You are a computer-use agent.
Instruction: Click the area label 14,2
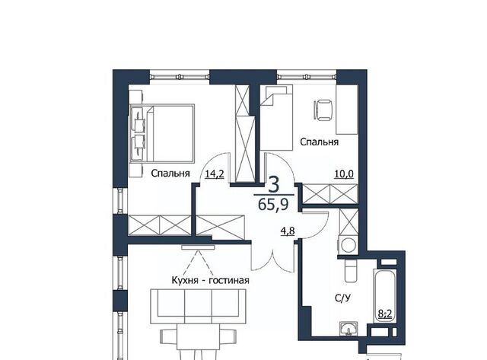pyautogui.click(x=215, y=174)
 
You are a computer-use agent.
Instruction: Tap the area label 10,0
pyautogui.click(x=344, y=174)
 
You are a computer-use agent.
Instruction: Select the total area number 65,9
pyautogui.click(x=273, y=205)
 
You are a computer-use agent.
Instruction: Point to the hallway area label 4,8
pyautogui.click(x=288, y=231)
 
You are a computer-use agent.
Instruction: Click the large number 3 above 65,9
pyautogui.click(x=274, y=184)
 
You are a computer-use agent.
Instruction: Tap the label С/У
pyautogui.click(x=342, y=298)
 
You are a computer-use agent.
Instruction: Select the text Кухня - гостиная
pyautogui.click(x=210, y=281)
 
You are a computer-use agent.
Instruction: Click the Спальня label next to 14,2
pyautogui.click(x=170, y=174)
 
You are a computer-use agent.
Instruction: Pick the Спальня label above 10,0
pyautogui.click(x=319, y=142)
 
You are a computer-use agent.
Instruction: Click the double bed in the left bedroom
pyautogui.click(x=162, y=133)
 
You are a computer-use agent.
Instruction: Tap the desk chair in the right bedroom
pyautogui.click(x=323, y=110)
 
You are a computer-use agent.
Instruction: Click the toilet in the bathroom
pyautogui.click(x=351, y=271)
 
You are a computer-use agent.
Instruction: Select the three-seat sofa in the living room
pyautogui.click(x=198, y=307)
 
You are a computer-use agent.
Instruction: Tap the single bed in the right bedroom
pyautogui.click(x=276, y=118)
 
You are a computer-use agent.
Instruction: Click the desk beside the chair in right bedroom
pyautogui.click(x=347, y=110)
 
